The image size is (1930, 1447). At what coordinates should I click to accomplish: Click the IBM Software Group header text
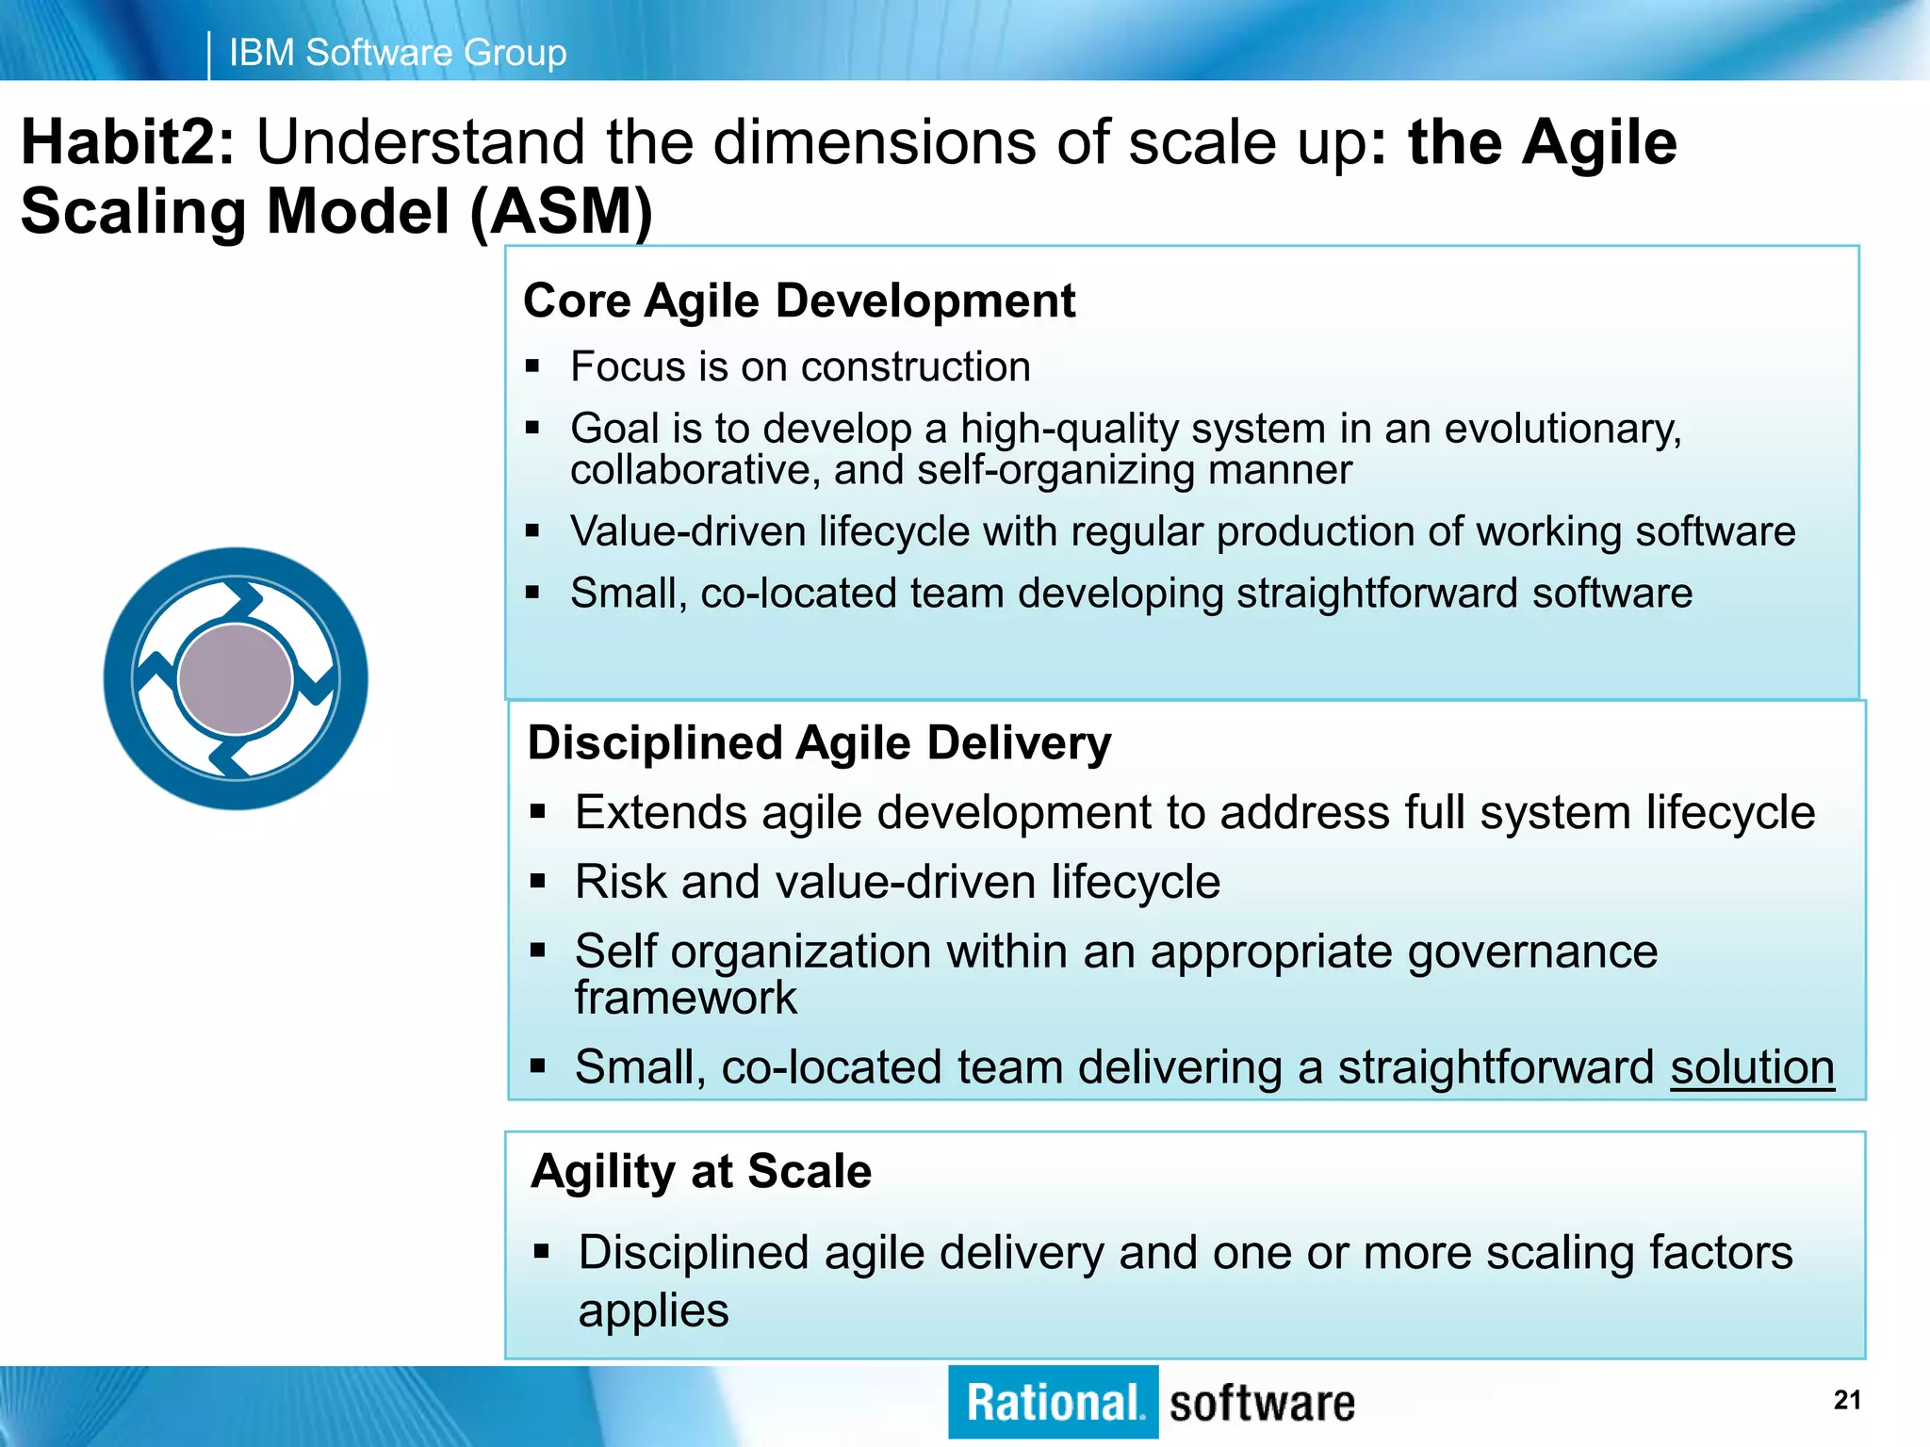click(x=397, y=53)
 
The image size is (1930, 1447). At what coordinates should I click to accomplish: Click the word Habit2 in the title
click(x=127, y=143)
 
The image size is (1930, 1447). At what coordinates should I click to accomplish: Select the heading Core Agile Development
click(x=798, y=301)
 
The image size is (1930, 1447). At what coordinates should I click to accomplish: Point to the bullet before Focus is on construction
click(x=532, y=366)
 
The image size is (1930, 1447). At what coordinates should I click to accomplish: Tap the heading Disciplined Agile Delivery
click(x=819, y=743)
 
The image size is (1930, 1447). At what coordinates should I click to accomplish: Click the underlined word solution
click(x=1752, y=1068)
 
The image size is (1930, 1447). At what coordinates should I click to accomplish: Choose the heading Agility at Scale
click(x=701, y=1172)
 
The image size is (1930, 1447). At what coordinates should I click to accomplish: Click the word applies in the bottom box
click(x=653, y=1311)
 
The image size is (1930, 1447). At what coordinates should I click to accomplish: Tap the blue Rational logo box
click(x=1053, y=1403)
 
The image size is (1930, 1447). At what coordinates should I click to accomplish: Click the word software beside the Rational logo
click(x=1261, y=1404)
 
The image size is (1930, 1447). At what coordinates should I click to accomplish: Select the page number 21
click(x=1847, y=1401)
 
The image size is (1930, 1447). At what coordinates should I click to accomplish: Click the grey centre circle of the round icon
click(x=236, y=679)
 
